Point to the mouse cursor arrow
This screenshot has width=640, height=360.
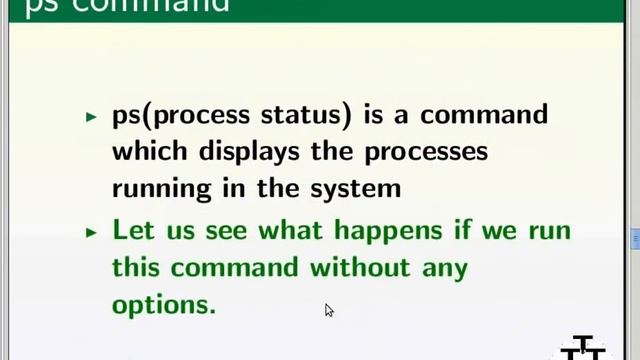click(328, 310)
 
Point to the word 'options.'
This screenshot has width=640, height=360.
click(163, 305)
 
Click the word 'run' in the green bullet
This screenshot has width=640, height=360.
click(549, 231)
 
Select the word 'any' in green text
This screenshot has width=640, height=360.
click(445, 268)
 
